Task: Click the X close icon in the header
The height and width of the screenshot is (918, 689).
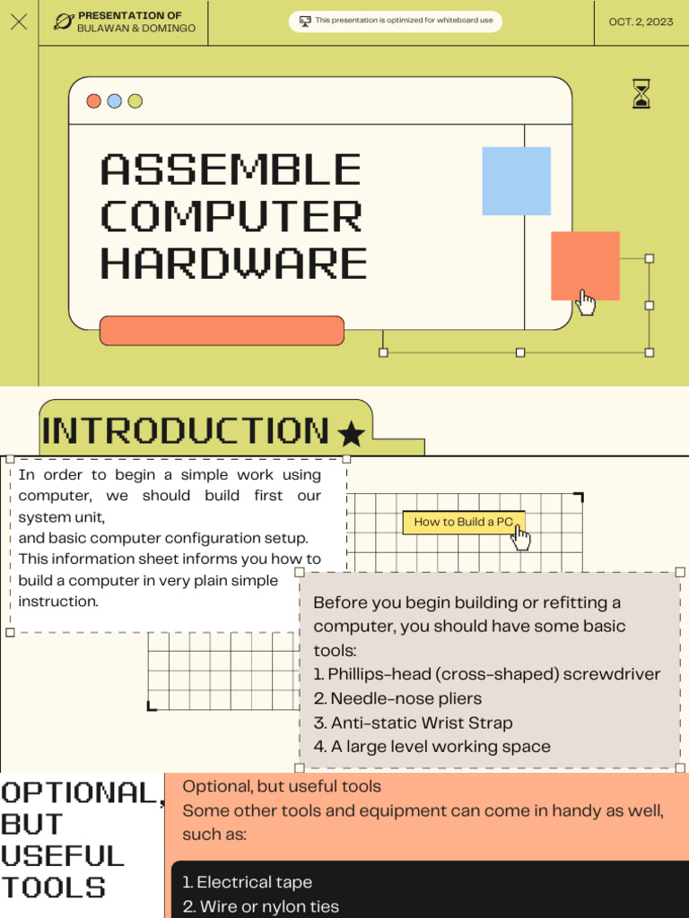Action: click(19, 22)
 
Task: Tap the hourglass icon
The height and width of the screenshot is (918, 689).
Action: click(641, 93)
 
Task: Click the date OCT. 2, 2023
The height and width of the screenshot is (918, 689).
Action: click(641, 22)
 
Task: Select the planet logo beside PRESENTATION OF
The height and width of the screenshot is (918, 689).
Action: click(63, 22)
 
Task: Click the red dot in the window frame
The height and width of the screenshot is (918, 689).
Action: click(93, 101)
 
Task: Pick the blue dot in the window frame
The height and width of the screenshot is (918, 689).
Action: click(114, 101)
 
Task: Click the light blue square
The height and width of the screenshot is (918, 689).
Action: click(516, 181)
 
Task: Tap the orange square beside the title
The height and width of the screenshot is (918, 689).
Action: click(585, 265)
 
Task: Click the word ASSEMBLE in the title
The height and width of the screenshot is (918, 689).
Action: click(231, 170)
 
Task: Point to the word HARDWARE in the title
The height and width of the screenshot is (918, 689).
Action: click(233, 264)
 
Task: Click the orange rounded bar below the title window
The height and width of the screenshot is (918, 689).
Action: click(222, 331)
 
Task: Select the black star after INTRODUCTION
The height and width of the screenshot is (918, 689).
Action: click(351, 435)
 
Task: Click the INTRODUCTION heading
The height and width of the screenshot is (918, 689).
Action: click(186, 431)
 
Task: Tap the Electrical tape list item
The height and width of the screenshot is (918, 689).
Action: click(247, 882)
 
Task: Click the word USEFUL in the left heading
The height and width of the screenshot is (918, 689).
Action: click(63, 856)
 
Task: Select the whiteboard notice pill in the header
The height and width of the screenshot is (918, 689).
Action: click(396, 21)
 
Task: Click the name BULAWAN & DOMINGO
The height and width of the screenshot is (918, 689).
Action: click(136, 29)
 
